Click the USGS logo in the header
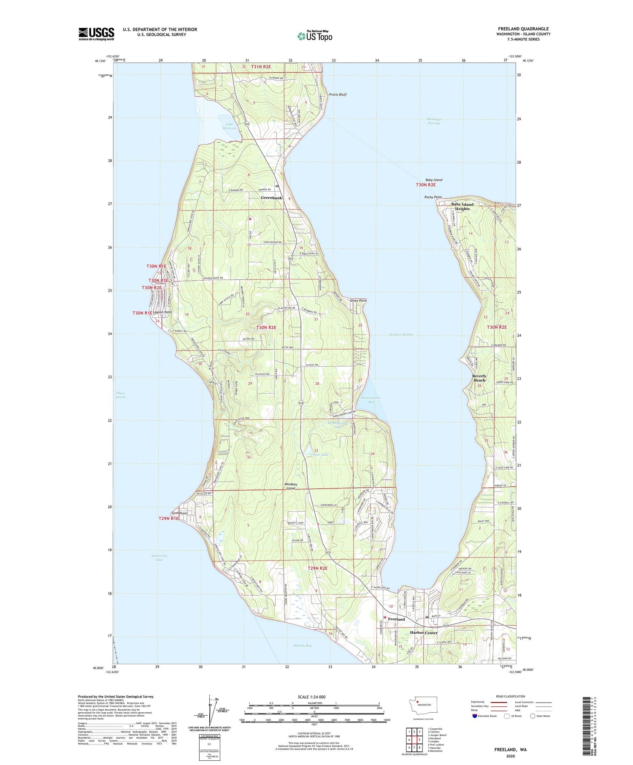click(96, 34)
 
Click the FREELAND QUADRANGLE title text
click(523, 29)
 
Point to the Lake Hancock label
click(230, 126)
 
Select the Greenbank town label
click(271, 198)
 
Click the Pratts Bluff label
click(338, 95)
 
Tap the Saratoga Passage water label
click(434, 121)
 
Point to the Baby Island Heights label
click(462, 206)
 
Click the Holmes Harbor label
click(401, 335)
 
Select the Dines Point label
click(358, 300)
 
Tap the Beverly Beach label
click(479, 378)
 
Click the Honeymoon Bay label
click(371, 400)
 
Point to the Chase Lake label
click(319, 454)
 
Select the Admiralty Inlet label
click(159, 557)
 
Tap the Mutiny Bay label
click(302, 646)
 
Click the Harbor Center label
click(424, 633)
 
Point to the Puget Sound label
click(121, 395)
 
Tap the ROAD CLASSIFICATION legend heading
click(511, 696)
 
